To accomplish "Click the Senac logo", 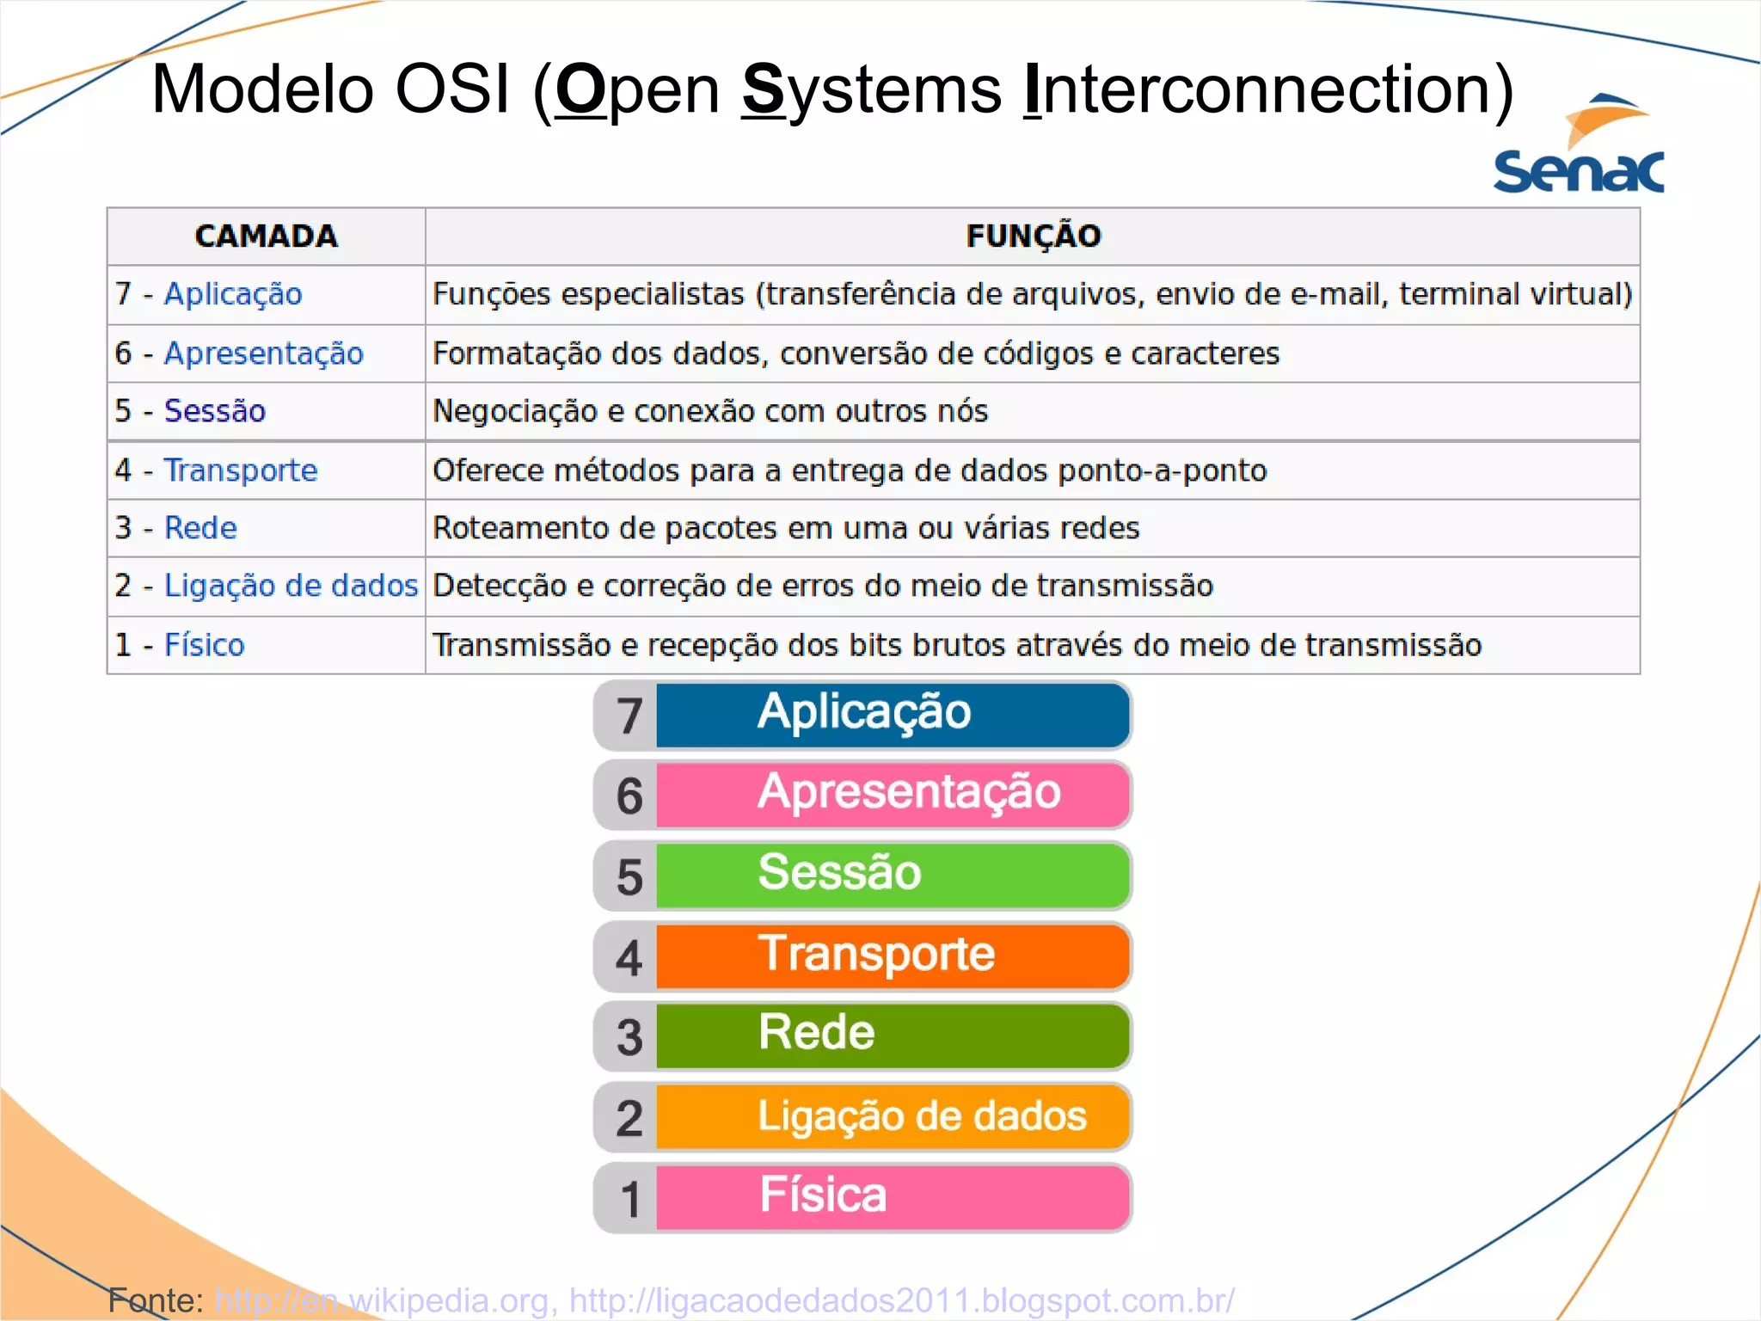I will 1579,146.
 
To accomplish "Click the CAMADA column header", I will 266,236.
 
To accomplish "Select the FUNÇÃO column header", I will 1033,236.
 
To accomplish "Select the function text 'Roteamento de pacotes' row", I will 785,528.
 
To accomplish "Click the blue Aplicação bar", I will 892,715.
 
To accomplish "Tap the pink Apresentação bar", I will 892,794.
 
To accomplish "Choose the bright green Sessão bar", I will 892,875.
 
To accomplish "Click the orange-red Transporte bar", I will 892,955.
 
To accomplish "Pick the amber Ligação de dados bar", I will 892,1116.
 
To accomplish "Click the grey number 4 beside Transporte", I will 629,957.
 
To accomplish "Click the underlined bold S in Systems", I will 764,89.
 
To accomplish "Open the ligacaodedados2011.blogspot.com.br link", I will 901,1299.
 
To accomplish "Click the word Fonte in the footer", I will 152,1299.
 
